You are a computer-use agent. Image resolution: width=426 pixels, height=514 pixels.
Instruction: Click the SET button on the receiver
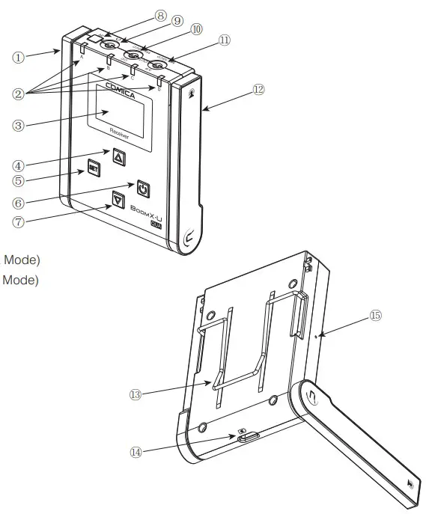94,168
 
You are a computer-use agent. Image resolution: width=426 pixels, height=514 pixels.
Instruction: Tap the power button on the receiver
142,186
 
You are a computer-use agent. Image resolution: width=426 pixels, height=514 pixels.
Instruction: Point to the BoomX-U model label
147,212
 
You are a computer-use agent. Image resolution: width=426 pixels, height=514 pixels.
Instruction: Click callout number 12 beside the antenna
258,89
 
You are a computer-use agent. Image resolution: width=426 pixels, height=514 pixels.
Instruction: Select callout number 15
375,316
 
